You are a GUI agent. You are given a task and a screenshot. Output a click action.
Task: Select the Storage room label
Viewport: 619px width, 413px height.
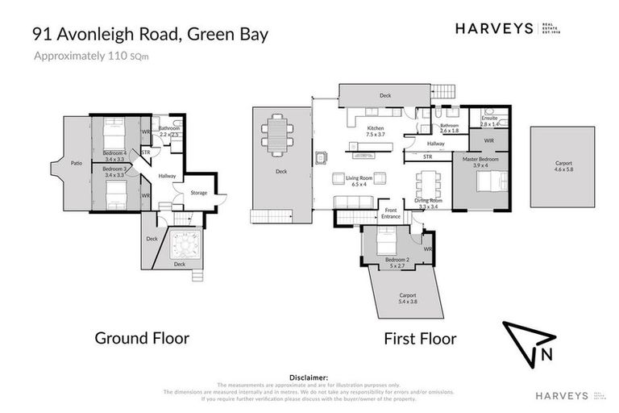198,193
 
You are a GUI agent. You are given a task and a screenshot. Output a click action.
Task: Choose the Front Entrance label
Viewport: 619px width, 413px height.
391,214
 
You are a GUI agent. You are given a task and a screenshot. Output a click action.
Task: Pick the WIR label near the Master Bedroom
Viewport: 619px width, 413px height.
488,140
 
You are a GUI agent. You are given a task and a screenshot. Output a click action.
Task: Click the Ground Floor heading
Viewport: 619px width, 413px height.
142,338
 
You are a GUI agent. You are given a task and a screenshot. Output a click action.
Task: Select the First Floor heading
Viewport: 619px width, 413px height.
420,338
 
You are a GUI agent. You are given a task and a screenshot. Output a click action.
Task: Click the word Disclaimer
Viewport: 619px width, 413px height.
309,377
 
